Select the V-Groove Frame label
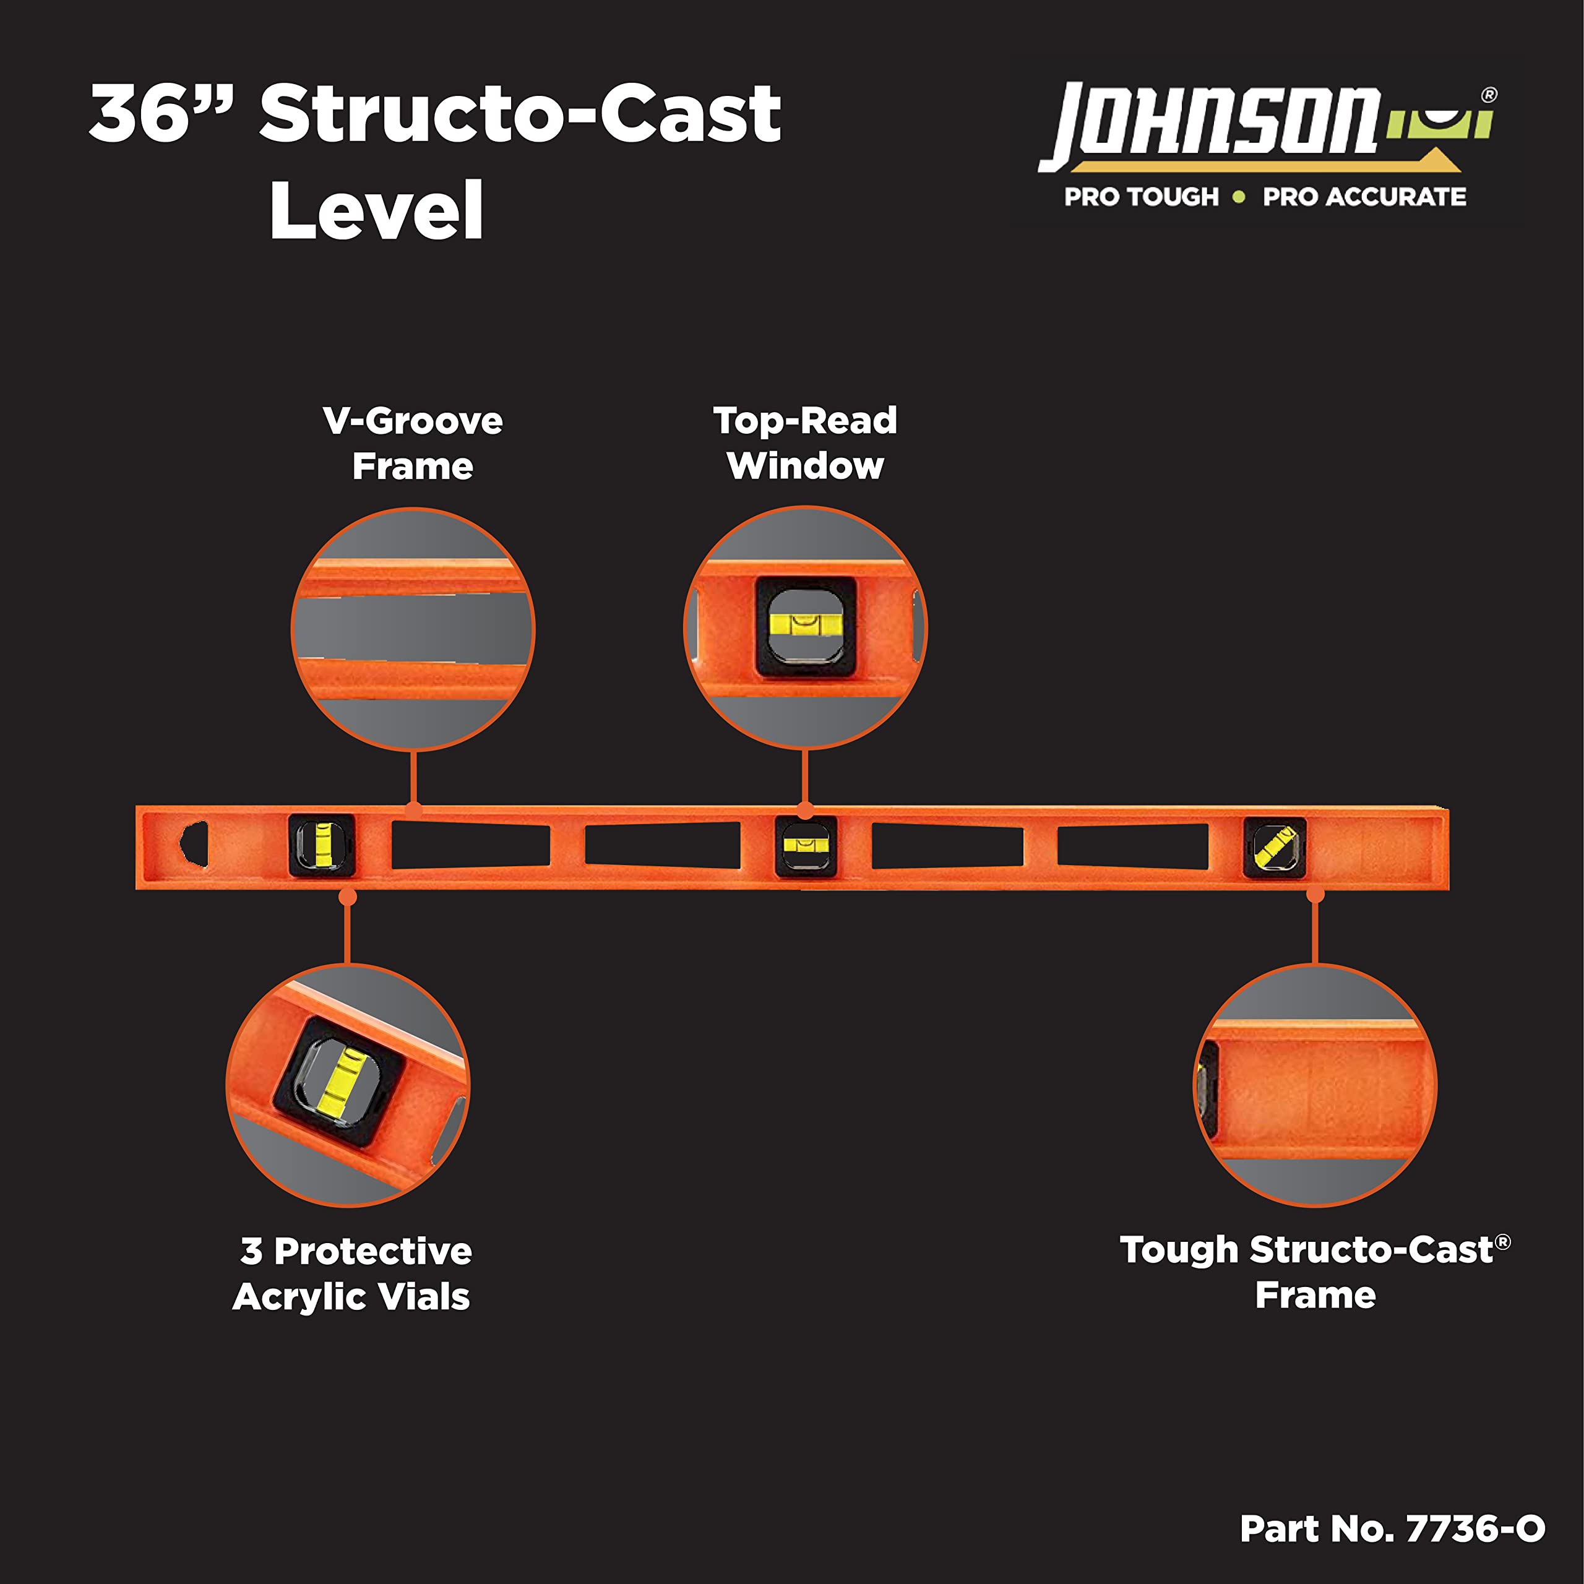point(413,444)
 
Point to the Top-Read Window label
point(805,443)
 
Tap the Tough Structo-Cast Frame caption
point(1315,1272)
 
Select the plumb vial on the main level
point(322,845)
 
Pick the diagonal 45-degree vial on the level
point(1275,847)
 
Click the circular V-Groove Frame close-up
point(413,629)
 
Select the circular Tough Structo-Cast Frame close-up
point(1315,1085)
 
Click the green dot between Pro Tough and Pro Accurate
point(1239,197)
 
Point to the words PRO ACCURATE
point(1364,197)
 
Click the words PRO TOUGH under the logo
point(1141,197)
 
